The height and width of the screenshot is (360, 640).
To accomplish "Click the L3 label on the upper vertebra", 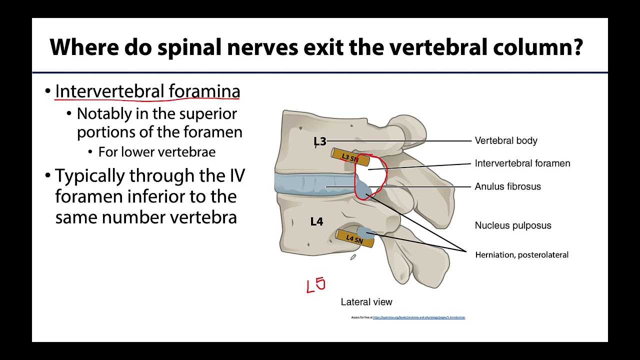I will click(319, 141).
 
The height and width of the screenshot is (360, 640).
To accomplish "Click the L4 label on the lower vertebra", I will click(316, 221).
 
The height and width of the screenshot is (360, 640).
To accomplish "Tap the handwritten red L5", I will click(316, 285).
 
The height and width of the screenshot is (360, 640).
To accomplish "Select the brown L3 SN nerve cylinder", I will click(350, 157).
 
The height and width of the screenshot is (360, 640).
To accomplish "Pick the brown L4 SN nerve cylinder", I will click(353, 238).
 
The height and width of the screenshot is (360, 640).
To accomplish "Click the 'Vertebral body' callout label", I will click(506, 140).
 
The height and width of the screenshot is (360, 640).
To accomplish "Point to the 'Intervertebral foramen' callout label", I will click(522, 163).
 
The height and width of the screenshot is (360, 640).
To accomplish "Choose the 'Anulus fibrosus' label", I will click(507, 186).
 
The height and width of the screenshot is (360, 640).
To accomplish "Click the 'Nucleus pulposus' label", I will click(513, 225).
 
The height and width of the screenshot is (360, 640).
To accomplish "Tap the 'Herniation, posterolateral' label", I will click(521, 255).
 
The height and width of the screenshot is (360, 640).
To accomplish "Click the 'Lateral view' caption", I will click(366, 302).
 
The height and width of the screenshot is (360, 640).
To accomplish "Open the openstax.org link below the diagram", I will click(418, 317).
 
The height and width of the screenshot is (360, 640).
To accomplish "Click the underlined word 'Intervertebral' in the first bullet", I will click(109, 91).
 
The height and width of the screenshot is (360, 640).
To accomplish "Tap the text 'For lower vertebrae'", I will click(156, 152).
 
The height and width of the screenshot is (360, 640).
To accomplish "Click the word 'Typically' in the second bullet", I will click(90, 176).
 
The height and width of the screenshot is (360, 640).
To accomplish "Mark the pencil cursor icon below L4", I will click(353, 257).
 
